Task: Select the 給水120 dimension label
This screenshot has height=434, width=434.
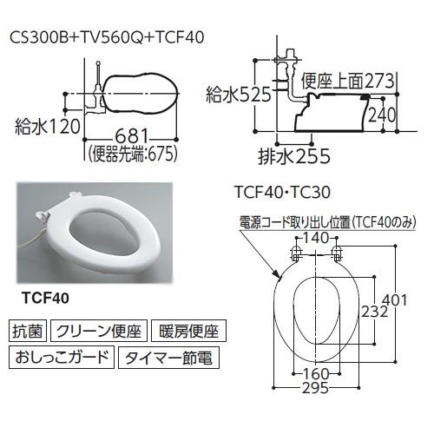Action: point(45,128)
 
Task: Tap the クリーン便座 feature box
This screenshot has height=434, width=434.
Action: point(97,331)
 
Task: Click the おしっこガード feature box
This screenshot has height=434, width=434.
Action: point(60,356)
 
